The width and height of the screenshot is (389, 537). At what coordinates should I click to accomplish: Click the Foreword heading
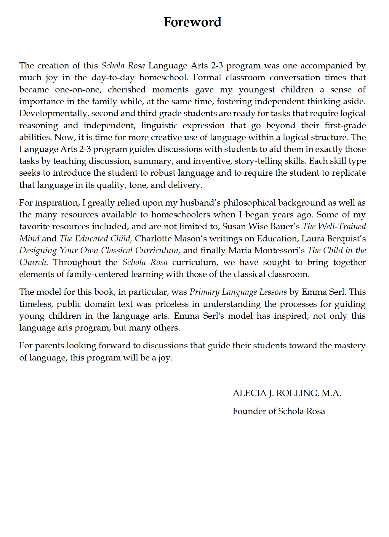192,22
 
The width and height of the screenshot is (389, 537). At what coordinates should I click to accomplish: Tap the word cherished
127,89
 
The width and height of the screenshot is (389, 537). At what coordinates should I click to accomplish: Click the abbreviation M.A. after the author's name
331,393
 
